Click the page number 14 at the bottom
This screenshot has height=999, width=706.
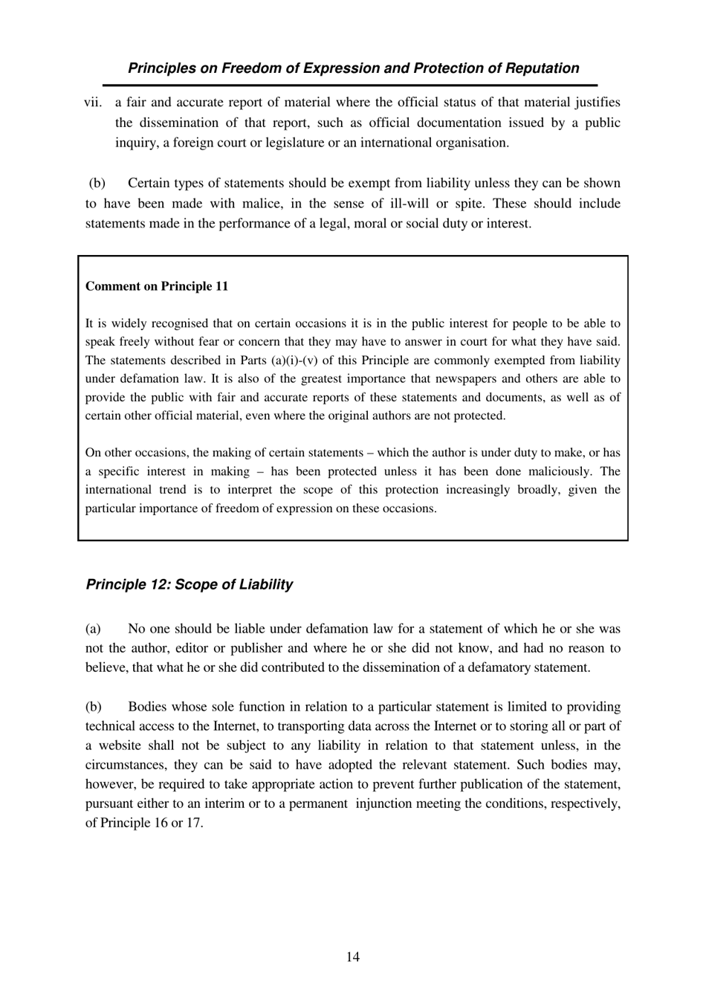[352, 957]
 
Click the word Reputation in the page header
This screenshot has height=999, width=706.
[542, 68]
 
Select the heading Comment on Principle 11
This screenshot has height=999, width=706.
[157, 286]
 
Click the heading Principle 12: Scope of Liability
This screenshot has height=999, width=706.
[190, 584]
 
